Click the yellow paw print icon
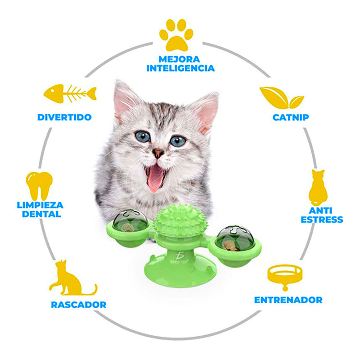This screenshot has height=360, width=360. (x=176, y=35)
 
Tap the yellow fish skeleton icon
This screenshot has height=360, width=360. (x=70, y=94)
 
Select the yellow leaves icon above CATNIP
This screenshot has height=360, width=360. (x=282, y=98)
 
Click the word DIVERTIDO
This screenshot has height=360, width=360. (x=64, y=117)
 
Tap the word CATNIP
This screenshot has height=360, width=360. (x=291, y=117)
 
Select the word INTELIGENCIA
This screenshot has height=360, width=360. (x=181, y=68)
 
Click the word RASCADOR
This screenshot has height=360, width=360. (x=78, y=305)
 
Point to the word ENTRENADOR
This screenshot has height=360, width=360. (x=288, y=300)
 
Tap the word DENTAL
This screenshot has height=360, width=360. (x=41, y=214)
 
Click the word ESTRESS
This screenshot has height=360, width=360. (x=322, y=220)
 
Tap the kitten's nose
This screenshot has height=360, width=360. (x=158, y=153)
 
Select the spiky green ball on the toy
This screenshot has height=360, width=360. (x=180, y=220)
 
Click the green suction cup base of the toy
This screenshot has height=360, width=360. (x=180, y=271)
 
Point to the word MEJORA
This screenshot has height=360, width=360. (x=179, y=59)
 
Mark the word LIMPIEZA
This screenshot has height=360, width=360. (x=40, y=205)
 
